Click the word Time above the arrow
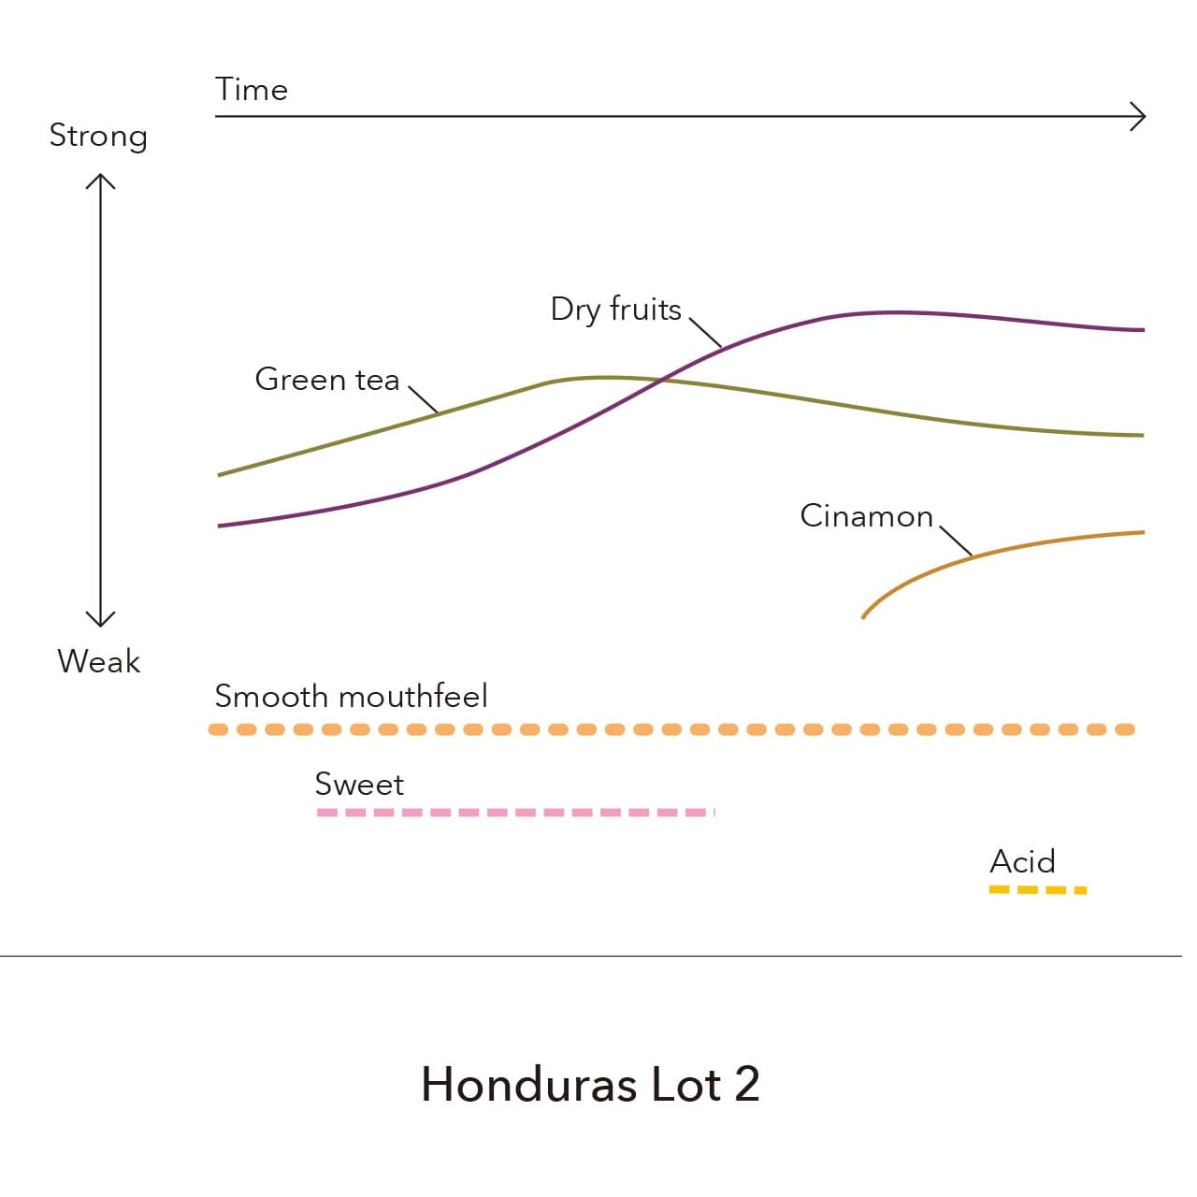click(251, 90)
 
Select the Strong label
click(98, 137)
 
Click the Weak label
click(98, 661)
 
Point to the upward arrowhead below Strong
click(100, 180)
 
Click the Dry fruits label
click(615, 309)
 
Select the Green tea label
click(326, 380)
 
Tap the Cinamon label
click(866, 516)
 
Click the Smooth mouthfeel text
click(351, 697)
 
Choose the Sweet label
click(359, 784)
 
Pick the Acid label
click(1022, 861)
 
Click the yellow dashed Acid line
click(1037, 889)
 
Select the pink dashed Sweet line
click(514, 813)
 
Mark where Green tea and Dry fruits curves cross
click(662, 379)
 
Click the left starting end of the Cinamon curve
click(863, 616)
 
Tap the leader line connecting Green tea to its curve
click(424, 399)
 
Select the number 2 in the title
click(746, 1085)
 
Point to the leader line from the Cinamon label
click(956, 541)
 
